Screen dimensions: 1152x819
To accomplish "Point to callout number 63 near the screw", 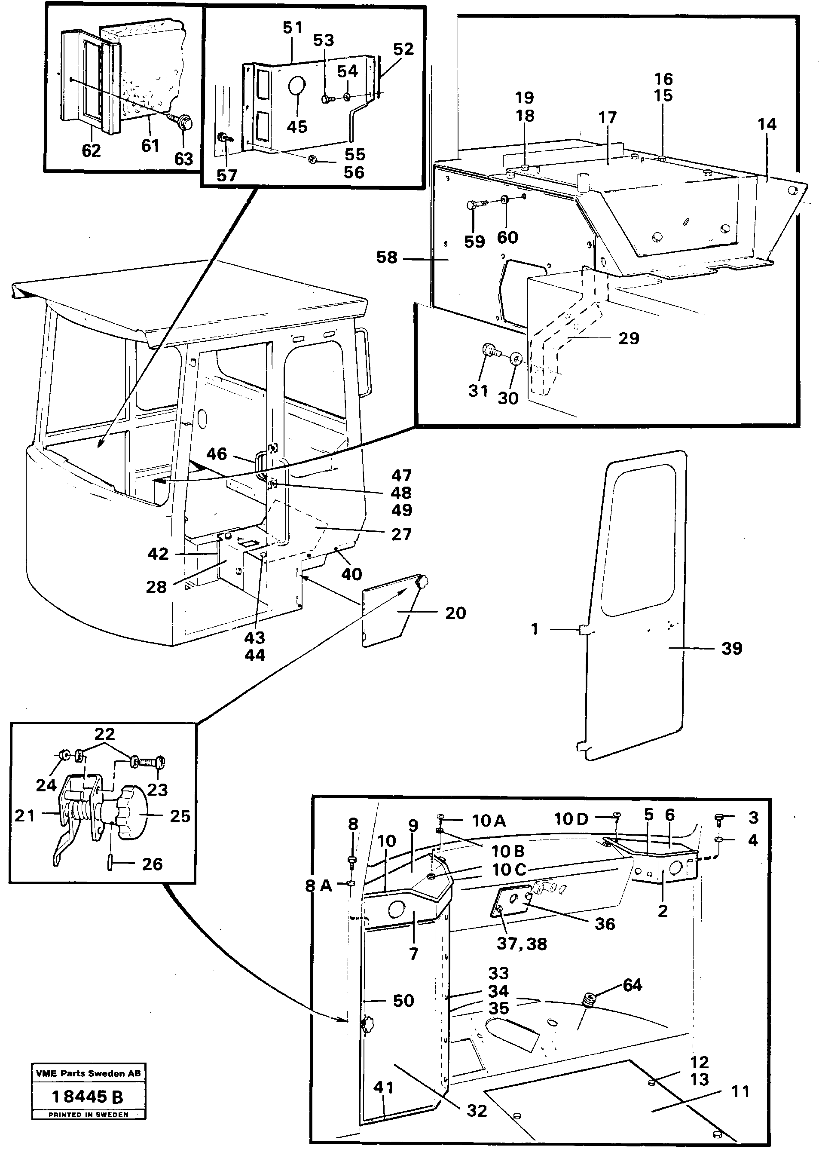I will pyautogui.click(x=183, y=159).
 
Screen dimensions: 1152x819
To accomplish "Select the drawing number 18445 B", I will pyautogui.click(x=88, y=1097).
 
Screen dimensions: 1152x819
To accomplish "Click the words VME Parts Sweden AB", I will pyautogui.click(x=88, y=1073).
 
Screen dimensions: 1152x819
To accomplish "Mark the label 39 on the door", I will pyautogui.click(x=731, y=648).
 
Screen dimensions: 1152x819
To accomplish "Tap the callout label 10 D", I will pyautogui.click(x=571, y=819).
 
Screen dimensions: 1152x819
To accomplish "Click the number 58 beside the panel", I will pyautogui.click(x=387, y=258).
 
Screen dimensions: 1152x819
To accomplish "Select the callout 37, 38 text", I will pyautogui.click(x=522, y=944).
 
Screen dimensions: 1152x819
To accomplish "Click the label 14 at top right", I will pyautogui.click(x=767, y=125).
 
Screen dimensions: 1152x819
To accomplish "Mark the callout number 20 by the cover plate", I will pyautogui.click(x=455, y=613).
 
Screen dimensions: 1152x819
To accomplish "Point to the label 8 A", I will pyautogui.click(x=319, y=885).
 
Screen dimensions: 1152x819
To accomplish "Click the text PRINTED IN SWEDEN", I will pyautogui.click(x=88, y=1115).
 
